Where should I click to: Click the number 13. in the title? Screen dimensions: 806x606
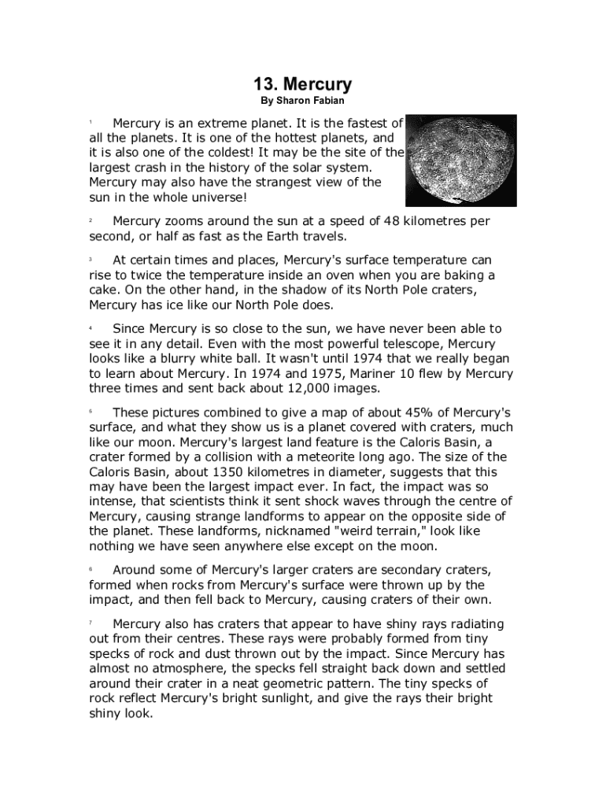[264, 84]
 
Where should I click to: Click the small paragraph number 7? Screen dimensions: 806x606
[91, 623]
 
